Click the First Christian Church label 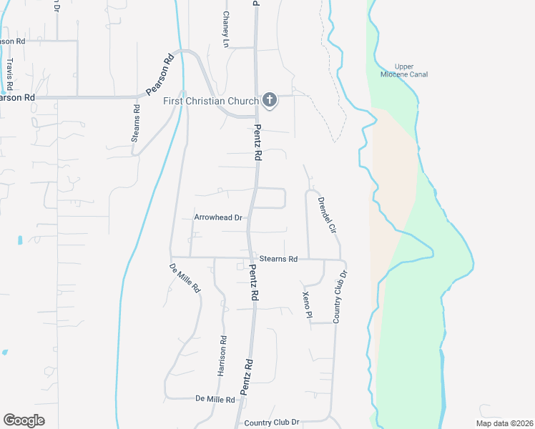pos(210,101)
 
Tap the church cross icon pos(270,100)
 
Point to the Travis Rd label pos(9,74)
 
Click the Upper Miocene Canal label pos(409,70)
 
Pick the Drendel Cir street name pos(326,214)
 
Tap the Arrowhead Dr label pos(218,217)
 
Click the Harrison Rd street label pos(222,356)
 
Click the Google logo pos(24,420)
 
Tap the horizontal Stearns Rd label pos(278,260)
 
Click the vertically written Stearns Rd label pos(135,123)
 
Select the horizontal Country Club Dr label pos(271,423)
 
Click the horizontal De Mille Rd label pos(215,399)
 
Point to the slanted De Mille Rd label pos(185,280)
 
